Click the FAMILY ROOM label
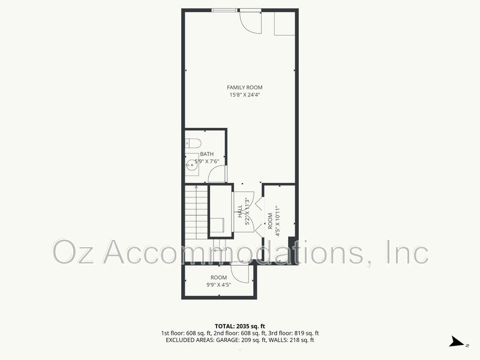tap(245, 88)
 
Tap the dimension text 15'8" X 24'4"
tap(245, 95)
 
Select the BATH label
tap(207, 154)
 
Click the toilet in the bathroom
tap(193, 143)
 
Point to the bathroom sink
tap(192, 164)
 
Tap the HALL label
tap(240, 212)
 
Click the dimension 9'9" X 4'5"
tap(218, 284)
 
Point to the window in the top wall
tap(224, 10)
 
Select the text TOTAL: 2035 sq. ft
tap(239, 326)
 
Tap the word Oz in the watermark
tap(73, 252)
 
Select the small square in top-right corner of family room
tap(284, 24)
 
